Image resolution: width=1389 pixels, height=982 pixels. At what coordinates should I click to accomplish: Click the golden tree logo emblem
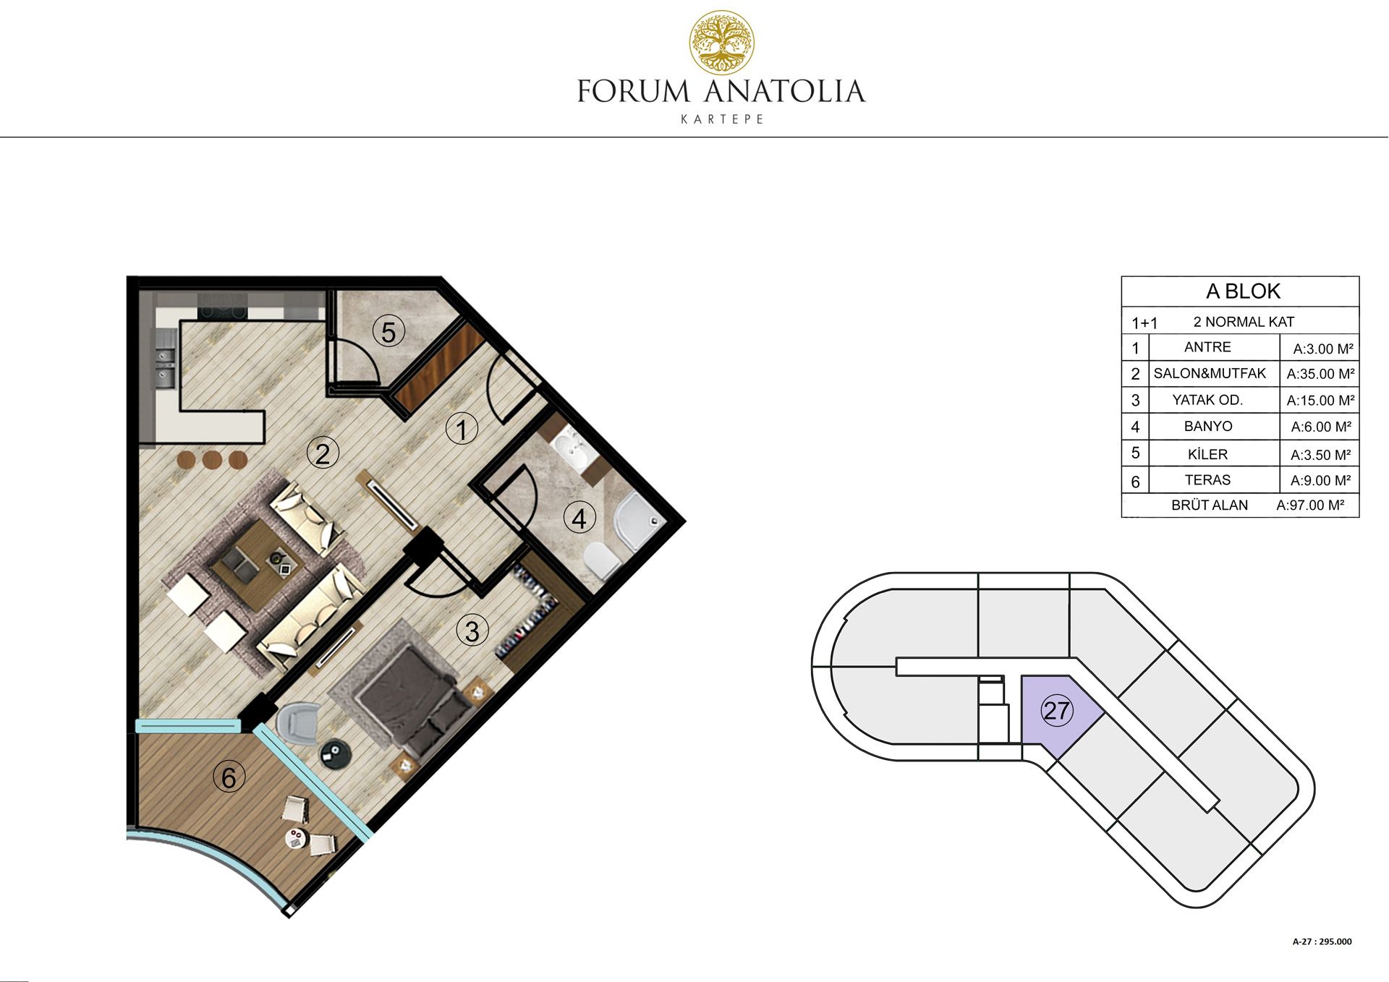721,43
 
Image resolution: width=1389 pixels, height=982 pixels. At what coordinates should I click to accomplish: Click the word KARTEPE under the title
722,119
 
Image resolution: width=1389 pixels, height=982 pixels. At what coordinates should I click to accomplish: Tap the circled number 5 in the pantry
388,332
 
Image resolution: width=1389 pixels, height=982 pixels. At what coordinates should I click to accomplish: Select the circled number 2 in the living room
323,453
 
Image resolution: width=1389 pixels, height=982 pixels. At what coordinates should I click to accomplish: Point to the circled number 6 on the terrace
229,777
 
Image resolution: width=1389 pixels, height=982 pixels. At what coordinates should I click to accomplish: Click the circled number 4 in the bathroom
579,518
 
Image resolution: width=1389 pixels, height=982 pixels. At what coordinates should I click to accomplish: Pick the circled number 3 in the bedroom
472,631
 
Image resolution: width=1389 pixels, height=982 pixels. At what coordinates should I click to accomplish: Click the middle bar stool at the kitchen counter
212,460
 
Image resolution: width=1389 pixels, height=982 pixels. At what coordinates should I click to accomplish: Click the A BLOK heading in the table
1243,291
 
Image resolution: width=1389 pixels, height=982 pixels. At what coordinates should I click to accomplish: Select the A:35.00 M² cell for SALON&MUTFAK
1320,374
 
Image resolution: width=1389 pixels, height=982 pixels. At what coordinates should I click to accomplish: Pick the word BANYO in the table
1208,427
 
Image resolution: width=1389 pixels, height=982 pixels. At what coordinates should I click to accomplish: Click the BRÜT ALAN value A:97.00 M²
1310,505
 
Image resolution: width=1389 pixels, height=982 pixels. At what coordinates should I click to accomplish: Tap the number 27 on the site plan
1057,710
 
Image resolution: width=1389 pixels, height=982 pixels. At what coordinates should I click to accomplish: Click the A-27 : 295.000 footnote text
1322,942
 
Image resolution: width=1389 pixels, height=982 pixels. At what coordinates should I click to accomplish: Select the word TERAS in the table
1207,480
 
